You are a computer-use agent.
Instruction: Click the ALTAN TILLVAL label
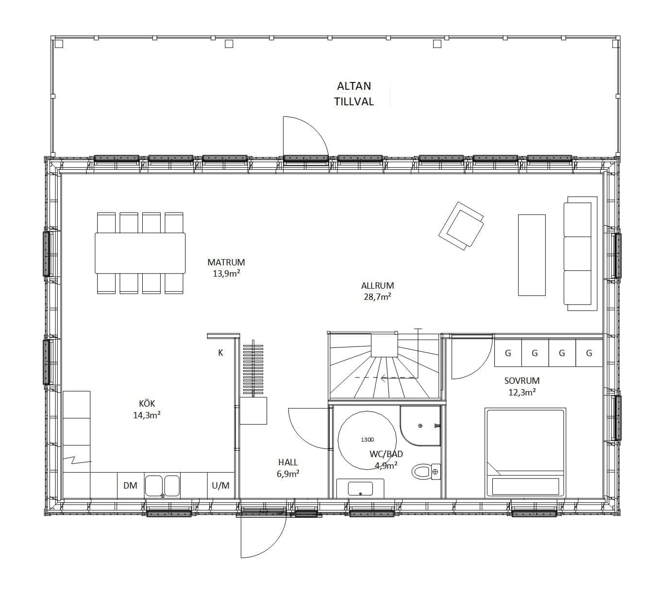(354, 94)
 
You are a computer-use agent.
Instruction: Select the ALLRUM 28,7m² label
(378, 291)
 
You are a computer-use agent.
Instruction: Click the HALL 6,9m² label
(288, 468)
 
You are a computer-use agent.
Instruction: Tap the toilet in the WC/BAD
(426, 472)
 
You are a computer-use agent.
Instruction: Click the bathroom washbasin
(360, 489)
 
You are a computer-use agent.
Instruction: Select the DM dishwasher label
(130, 486)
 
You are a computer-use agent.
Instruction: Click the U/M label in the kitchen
(221, 486)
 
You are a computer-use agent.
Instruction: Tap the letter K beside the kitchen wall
(221, 353)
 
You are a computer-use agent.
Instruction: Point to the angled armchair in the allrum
(461, 226)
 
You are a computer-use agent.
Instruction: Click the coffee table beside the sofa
(532, 255)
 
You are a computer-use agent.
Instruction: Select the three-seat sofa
(581, 253)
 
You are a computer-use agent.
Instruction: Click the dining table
(140, 253)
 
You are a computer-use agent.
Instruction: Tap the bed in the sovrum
(525, 453)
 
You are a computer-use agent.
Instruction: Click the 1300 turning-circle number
(367, 440)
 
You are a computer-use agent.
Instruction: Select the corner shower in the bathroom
(420, 426)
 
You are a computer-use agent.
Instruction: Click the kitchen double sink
(162, 486)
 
